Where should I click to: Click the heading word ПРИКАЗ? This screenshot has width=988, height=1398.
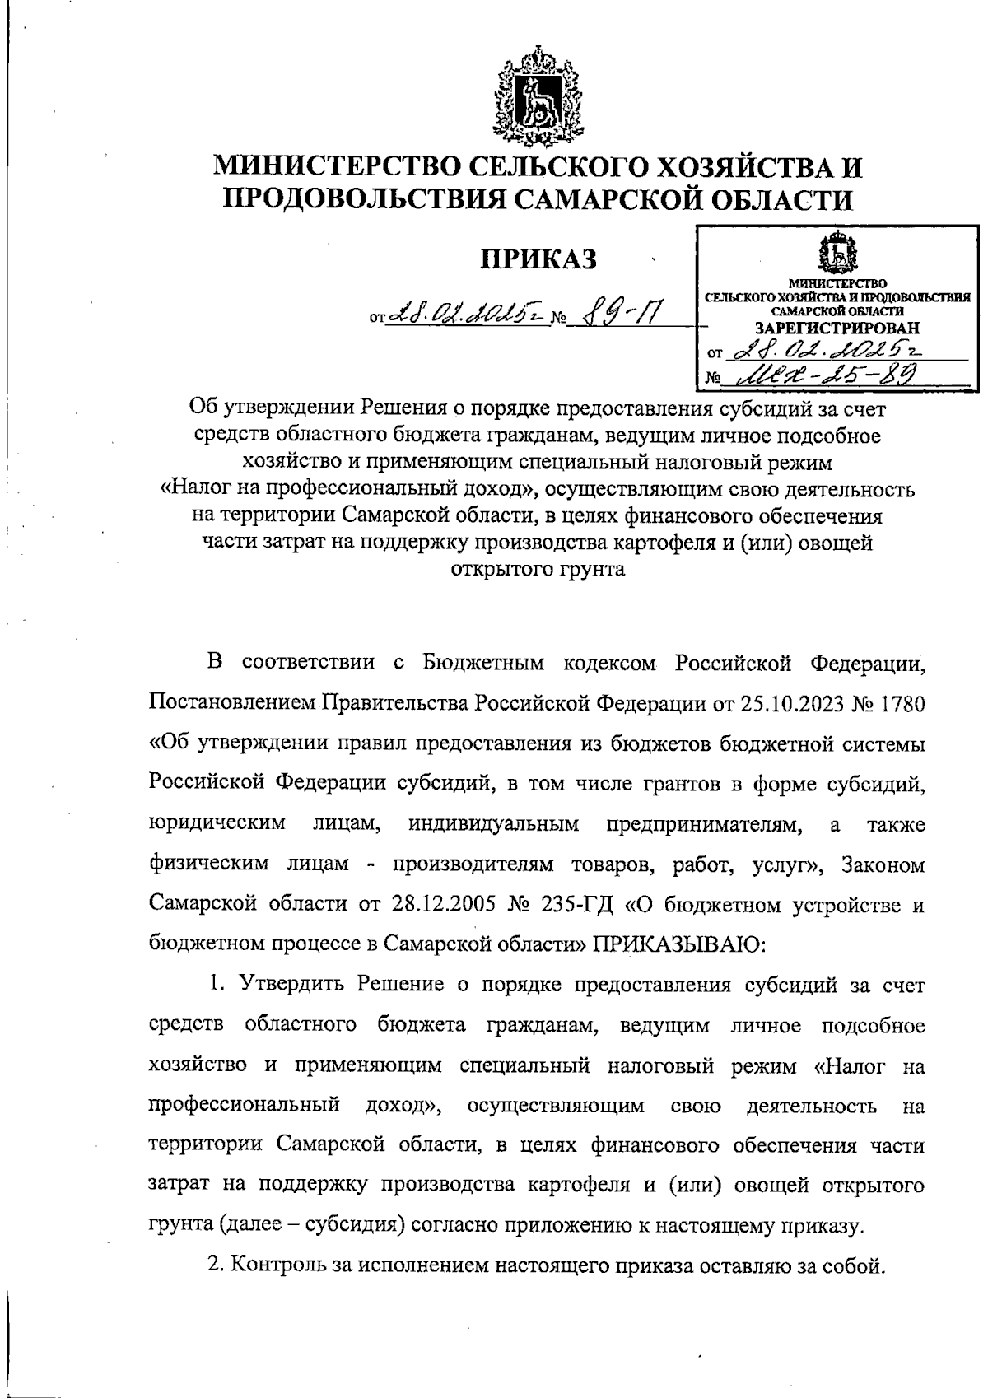tap(538, 258)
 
